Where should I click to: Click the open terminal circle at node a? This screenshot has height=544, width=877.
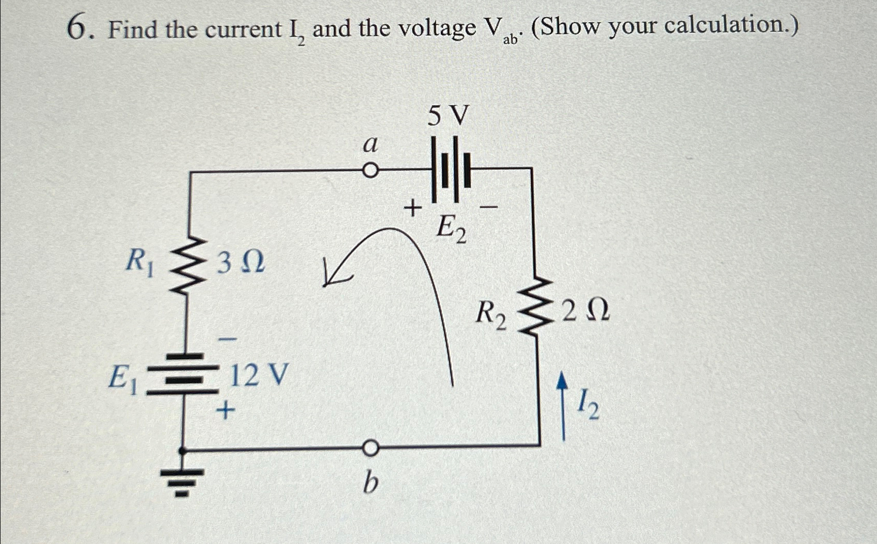click(x=370, y=170)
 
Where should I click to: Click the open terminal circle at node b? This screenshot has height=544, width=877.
click(x=370, y=449)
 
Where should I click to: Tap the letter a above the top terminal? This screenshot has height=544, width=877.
click(x=370, y=144)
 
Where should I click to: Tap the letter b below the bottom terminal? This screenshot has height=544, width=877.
click(x=370, y=484)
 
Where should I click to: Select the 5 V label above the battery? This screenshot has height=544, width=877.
click(x=448, y=116)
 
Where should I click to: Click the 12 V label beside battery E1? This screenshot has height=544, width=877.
click(x=258, y=375)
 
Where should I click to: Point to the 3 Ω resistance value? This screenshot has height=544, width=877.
click(x=241, y=263)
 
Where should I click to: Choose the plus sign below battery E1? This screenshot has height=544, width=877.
click(x=225, y=410)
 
